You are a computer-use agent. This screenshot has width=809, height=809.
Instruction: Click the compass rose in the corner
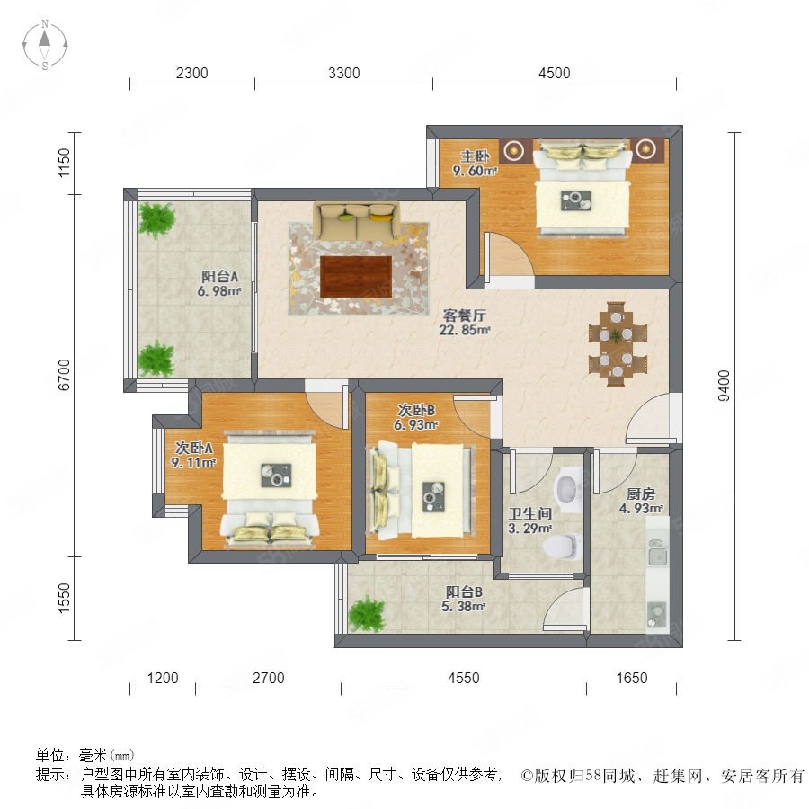(45, 45)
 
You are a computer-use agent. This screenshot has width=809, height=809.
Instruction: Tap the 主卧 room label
(475, 156)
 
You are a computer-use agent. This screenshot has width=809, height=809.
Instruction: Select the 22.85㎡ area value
(465, 330)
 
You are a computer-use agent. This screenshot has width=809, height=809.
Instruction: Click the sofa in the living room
(357, 221)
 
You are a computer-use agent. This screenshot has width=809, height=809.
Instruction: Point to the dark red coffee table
(356, 277)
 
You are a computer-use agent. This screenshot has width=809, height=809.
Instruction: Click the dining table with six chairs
(617, 344)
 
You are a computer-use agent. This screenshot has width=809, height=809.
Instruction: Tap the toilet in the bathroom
(562, 547)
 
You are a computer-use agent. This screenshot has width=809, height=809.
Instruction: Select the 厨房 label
(641, 493)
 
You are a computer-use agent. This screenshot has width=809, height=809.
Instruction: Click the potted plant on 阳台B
(367, 614)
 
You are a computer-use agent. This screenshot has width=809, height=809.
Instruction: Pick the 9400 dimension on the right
(724, 386)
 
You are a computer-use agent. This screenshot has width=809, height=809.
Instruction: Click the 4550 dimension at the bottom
(463, 678)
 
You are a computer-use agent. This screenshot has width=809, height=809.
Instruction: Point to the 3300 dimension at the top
(343, 73)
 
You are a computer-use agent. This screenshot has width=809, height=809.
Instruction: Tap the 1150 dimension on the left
(64, 163)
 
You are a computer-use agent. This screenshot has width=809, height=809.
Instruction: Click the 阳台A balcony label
(220, 277)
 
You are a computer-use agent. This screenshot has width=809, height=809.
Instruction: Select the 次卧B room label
(416, 410)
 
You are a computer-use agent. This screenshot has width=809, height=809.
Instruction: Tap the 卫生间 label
(529, 513)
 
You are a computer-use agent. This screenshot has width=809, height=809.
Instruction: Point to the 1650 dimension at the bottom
(632, 678)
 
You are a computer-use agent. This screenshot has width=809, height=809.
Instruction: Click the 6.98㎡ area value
(219, 291)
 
